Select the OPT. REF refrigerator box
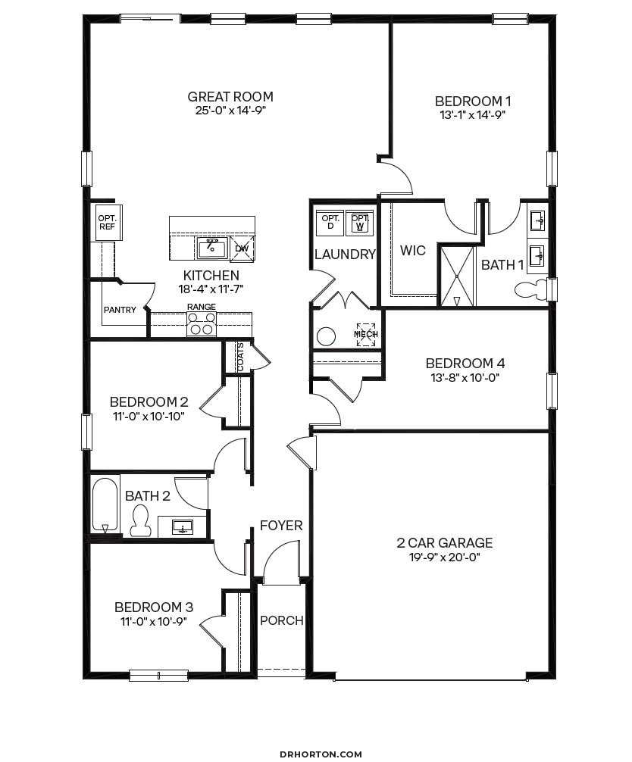(x=105, y=221)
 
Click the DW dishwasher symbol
(x=242, y=248)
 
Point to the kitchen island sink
(x=212, y=247)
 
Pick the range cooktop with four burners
(x=201, y=323)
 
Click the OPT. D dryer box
(x=330, y=221)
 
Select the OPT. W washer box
(x=360, y=221)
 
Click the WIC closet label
(x=412, y=251)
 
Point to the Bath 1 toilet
(x=530, y=289)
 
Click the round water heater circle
(x=327, y=336)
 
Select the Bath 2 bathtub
(x=105, y=504)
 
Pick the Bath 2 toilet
(x=139, y=521)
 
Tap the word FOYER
(x=281, y=525)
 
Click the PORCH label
(x=281, y=620)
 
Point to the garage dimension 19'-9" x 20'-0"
(x=444, y=557)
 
